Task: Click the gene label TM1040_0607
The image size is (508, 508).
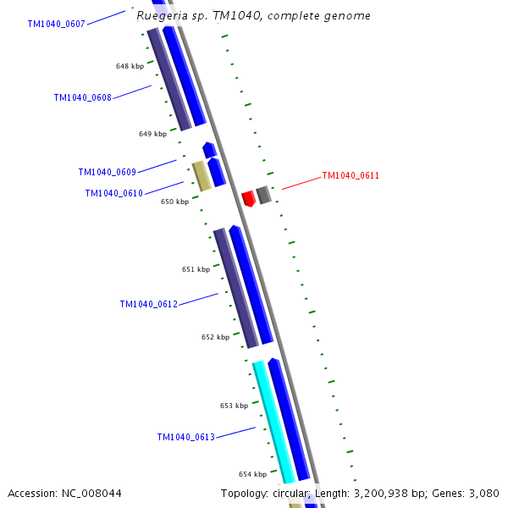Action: [x=56, y=25]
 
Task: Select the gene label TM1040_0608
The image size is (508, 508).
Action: [x=82, y=98]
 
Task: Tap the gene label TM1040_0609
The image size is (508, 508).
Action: [x=107, y=173]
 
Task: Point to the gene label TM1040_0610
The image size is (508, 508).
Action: [x=113, y=194]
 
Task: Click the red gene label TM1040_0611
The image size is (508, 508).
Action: [x=351, y=176]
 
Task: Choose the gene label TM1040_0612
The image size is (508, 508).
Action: [x=148, y=304]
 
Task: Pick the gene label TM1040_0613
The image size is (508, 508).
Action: [x=185, y=438]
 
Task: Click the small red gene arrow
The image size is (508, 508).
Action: [x=248, y=199]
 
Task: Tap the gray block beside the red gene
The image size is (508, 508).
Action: [x=264, y=195]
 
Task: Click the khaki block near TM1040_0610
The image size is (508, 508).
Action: [x=201, y=175]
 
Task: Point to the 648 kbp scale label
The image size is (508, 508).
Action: [x=130, y=66]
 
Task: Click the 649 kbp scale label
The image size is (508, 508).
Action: [x=152, y=134]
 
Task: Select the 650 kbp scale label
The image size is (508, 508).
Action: [x=174, y=202]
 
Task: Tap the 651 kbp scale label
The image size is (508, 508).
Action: [x=196, y=269]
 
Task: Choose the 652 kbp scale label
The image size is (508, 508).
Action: [x=215, y=337]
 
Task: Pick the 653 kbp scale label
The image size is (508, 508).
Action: [x=234, y=406]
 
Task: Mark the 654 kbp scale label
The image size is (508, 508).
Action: [x=252, y=474]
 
